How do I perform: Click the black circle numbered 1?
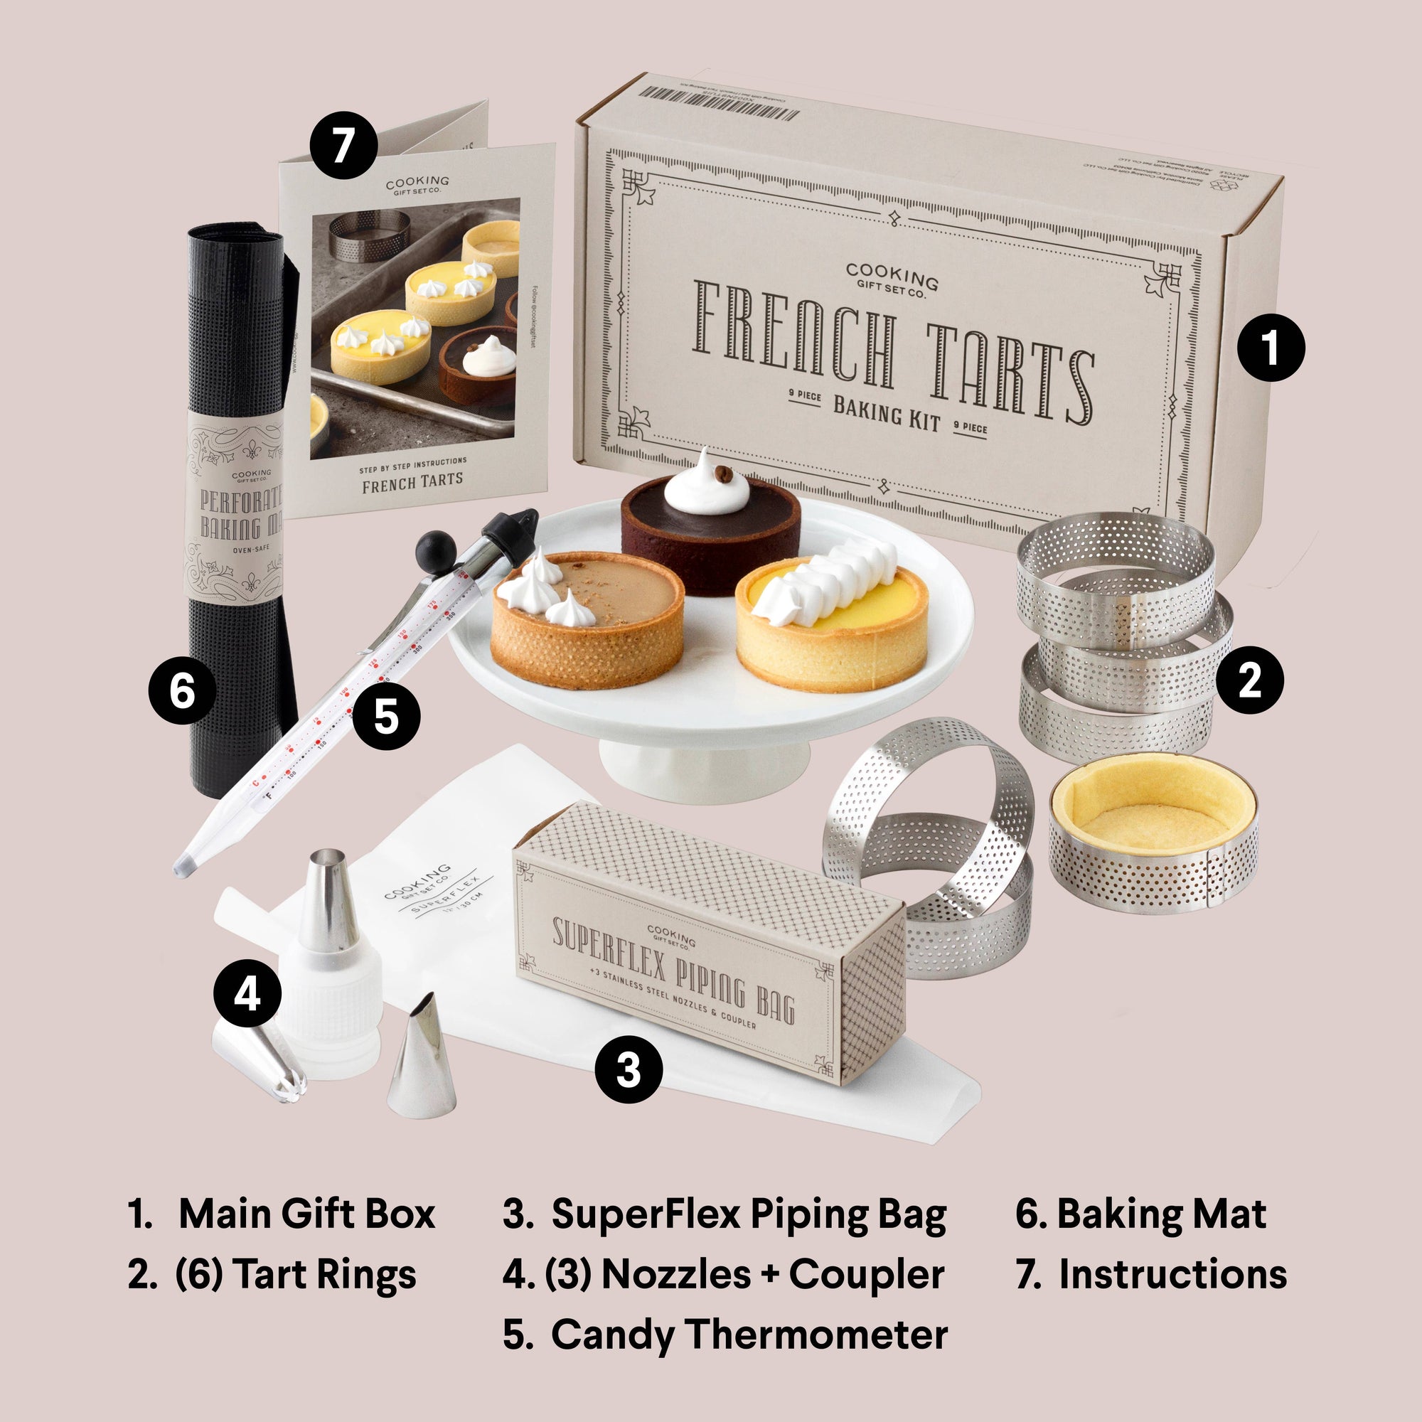point(1271,348)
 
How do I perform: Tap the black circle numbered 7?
point(343,145)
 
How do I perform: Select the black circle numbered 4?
point(247,995)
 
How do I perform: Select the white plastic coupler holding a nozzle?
point(331,1008)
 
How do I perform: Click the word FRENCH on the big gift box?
point(795,335)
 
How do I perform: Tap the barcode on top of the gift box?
point(718,104)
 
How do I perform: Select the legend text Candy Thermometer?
point(749,1335)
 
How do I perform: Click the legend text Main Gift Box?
point(306,1214)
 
